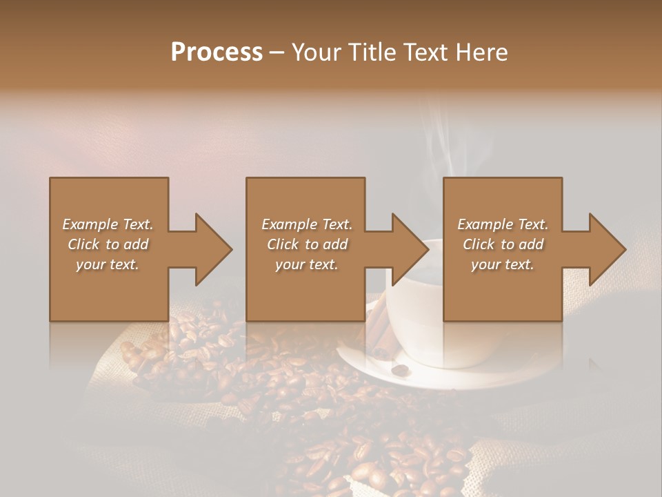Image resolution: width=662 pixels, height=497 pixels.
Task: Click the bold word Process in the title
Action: [x=217, y=52]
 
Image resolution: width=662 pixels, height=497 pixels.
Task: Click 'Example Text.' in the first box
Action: [x=108, y=224]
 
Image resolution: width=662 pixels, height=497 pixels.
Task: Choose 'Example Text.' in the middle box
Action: [x=307, y=224]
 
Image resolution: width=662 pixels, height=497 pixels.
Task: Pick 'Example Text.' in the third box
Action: [x=503, y=224]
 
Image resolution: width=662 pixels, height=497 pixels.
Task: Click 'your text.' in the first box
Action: [x=108, y=264]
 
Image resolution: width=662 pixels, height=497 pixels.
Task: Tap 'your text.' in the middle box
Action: [x=307, y=264]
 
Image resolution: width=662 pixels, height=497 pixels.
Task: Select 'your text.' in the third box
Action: [x=503, y=264]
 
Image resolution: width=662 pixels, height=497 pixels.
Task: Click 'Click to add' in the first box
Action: [x=108, y=244]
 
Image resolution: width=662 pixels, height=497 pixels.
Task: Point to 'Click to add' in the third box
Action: [x=503, y=244]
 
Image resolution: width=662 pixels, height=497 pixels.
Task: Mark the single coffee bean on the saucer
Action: [x=399, y=370]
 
